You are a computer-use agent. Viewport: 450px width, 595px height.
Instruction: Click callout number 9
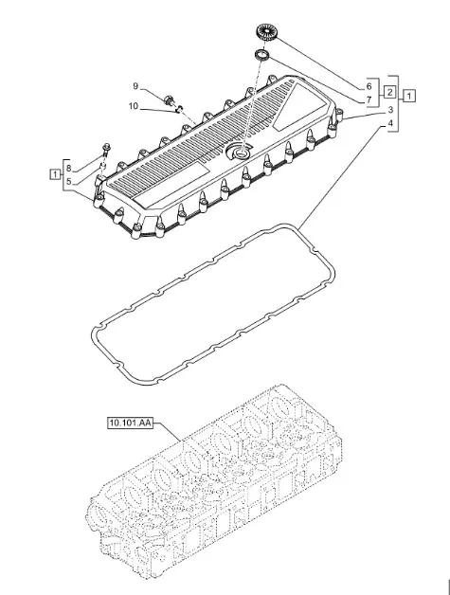pos(135,86)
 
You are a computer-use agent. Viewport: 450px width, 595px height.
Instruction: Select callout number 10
pos(134,106)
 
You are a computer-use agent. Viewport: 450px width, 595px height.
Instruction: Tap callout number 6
pos(369,87)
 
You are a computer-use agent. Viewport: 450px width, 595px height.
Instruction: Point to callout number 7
pos(369,100)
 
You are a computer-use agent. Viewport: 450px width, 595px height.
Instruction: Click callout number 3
pos(390,111)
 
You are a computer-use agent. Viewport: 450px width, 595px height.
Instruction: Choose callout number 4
pos(390,124)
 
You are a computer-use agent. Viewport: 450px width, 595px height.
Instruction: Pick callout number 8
pos(68,169)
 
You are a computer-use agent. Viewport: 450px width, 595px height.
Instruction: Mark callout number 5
pos(68,182)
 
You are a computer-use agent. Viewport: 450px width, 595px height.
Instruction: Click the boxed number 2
pos(389,92)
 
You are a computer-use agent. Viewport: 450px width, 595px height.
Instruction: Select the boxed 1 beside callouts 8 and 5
pos(55,174)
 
